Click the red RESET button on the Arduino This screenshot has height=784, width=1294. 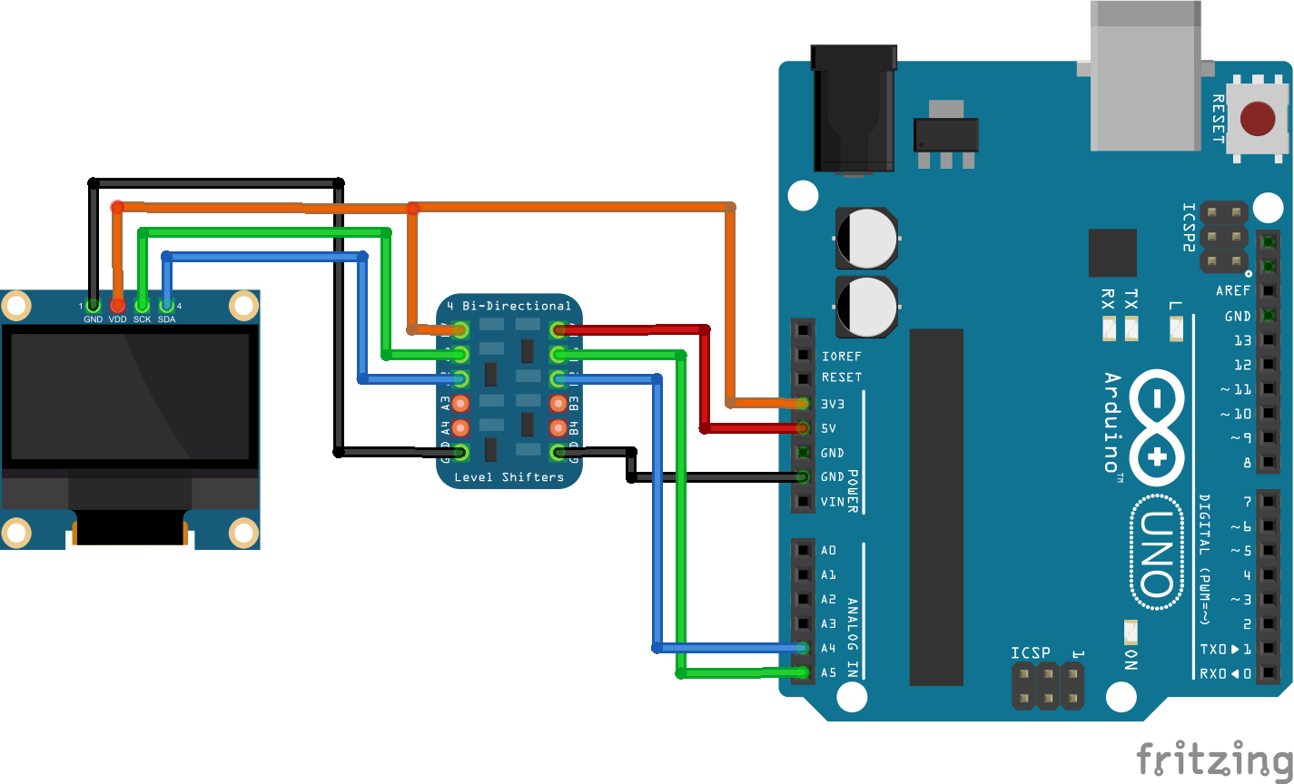(x=1257, y=119)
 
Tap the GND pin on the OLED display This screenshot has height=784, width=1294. (x=93, y=306)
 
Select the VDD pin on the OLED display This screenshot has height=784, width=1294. (x=117, y=306)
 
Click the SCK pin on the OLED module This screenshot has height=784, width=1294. (x=142, y=306)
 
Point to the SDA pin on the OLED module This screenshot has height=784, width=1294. (x=166, y=306)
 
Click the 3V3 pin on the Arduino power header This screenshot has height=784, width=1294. (x=803, y=403)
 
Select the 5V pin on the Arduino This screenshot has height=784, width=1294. (x=803, y=427)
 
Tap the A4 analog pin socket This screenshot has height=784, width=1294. (x=803, y=648)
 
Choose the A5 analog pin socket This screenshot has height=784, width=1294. (x=803, y=672)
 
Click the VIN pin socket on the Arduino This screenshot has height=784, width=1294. (x=803, y=501)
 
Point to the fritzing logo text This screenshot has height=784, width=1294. (x=1214, y=759)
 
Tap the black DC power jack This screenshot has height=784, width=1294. (x=854, y=109)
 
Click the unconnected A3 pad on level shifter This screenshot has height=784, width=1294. (x=460, y=403)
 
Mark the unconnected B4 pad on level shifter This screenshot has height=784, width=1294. (x=558, y=427)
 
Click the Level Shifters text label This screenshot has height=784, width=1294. (x=509, y=476)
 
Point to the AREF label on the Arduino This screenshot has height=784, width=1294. (x=1233, y=291)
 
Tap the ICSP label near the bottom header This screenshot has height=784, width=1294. (x=1031, y=652)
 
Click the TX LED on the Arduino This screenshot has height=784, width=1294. (x=1131, y=328)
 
